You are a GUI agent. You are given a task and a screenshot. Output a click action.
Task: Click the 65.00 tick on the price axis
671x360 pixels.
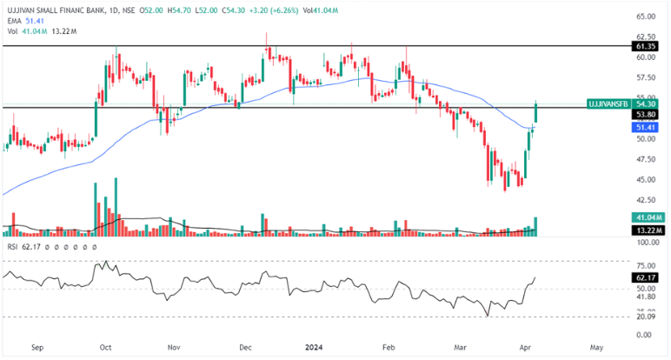click(646, 16)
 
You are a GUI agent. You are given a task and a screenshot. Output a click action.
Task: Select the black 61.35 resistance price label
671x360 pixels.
click(646, 45)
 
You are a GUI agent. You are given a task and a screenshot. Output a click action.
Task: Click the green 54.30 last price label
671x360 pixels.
click(646, 103)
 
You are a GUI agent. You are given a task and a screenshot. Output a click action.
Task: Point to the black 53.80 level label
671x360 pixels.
click(646, 114)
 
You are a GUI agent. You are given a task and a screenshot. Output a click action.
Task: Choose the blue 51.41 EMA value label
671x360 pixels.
click(646, 127)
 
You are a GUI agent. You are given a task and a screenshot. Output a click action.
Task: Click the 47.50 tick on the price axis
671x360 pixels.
click(646, 159)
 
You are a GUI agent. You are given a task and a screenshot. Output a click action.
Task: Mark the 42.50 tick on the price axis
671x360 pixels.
click(646, 200)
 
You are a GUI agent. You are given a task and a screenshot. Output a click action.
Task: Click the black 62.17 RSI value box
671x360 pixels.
click(646, 278)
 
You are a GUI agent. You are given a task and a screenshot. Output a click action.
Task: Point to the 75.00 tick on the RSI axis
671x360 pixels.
click(646, 267)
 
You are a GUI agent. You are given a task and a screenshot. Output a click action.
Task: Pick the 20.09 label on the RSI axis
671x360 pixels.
click(646, 317)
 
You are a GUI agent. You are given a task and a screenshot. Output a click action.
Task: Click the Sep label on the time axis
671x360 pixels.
click(37, 347)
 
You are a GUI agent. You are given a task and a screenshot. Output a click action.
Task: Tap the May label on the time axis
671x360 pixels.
click(596, 347)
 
